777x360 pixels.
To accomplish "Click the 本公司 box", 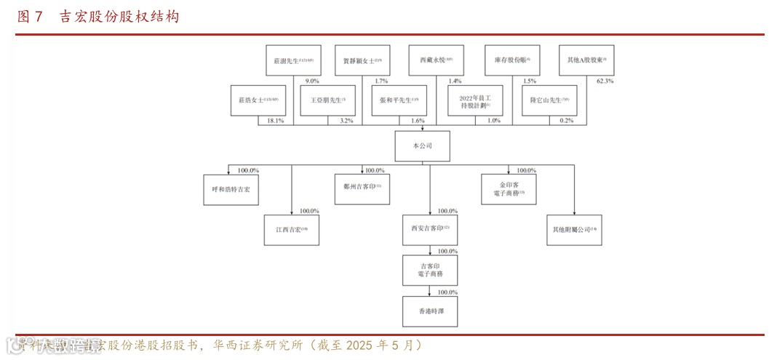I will pyautogui.click(x=422, y=146).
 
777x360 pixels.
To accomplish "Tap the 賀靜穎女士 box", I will pyautogui.click(x=362, y=60).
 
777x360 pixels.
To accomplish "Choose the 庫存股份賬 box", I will pyautogui.click(x=512, y=60).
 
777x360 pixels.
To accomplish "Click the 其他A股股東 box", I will pyautogui.click(x=586, y=60).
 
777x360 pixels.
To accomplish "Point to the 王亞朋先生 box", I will pyautogui.click(x=327, y=100).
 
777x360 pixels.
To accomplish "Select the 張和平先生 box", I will pyautogui.click(x=399, y=100).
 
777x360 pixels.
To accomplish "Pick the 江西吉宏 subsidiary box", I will pyautogui.click(x=292, y=230).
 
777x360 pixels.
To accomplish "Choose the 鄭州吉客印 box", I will pyautogui.click(x=362, y=187).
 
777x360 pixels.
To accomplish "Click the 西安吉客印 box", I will pyautogui.click(x=430, y=229).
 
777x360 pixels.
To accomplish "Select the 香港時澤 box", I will pyautogui.click(x=430, y=311).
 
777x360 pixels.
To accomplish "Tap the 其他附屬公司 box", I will pyautogui.click(x=574, y=230).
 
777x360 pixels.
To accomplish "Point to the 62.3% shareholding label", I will pyautogui.click(x=605, y=81).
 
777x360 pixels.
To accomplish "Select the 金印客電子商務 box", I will pyautogui.click(x=508, y=188).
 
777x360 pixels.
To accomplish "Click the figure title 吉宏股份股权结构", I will pyautogui.click(x=119, y=17).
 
